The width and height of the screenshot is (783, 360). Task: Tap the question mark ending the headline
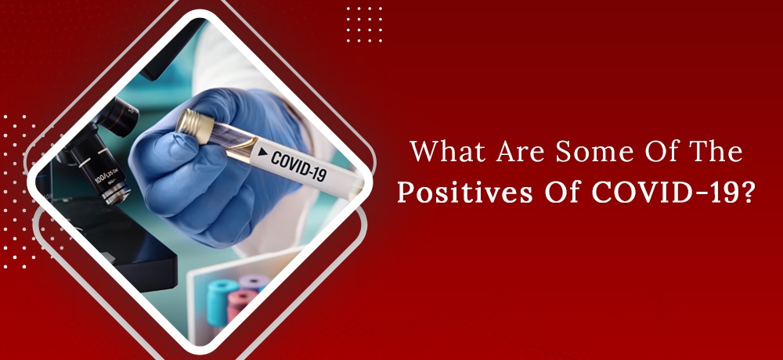point(746,193)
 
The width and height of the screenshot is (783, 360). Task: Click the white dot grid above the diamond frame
point(365,24)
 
